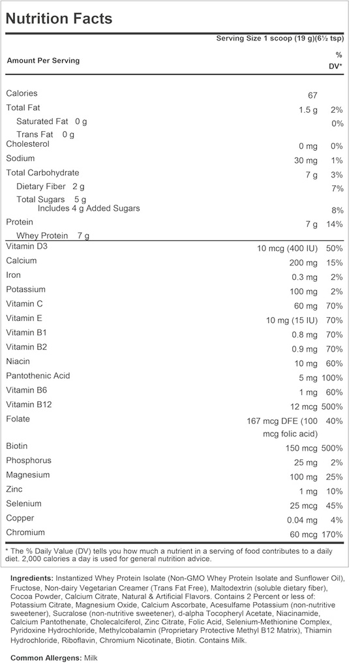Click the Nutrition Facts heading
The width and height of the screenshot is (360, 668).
pyautogui.click(x=59, y=18)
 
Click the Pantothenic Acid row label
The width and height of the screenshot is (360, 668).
pyautogui.click(x=38, y=376)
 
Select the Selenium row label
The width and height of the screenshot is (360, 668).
pyautogui.click(x=23, y=504)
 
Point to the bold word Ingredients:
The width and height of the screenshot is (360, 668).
pyautogui.click(x=33, y=579)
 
